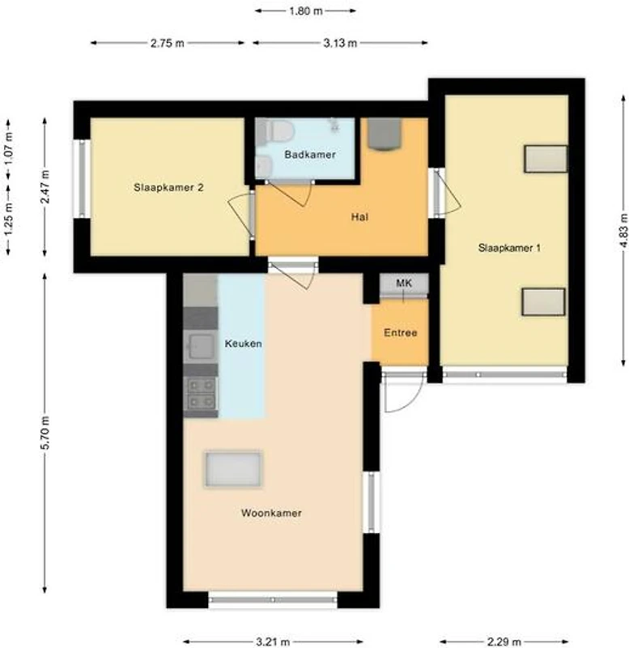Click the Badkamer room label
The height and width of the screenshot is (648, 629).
point(310,155)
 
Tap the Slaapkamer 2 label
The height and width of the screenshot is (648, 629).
point(168,188)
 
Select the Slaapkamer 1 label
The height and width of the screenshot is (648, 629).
point(509,248)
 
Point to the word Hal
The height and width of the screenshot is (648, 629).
point(359,217)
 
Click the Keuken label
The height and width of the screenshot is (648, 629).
point(243,343)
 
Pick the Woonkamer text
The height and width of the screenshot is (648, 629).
point(271,513)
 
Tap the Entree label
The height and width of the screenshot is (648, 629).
point(400,333)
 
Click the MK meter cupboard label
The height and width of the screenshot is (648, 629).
point(404,283)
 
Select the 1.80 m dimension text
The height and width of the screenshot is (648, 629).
point(306,11)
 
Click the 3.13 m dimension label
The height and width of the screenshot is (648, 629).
point(340,43)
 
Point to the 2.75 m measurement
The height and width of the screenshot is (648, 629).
point(168,43)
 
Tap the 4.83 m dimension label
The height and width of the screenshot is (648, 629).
point(623,231)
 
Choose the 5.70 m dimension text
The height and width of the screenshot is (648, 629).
point(45,433)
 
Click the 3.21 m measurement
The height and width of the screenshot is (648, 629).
point(273,642)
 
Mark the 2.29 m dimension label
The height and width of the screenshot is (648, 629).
point(504,642)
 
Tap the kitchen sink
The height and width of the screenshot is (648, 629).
point(201,346)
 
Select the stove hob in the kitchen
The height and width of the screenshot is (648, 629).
point(201,394)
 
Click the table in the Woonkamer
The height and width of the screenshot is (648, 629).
point(233,469)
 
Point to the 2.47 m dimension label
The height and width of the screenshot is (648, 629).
point(45,186)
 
